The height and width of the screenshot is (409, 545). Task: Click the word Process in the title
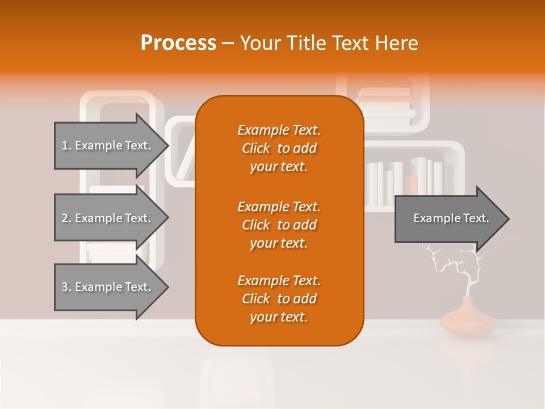178,43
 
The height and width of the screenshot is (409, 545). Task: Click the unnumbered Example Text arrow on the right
451,219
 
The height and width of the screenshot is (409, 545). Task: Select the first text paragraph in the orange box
279,148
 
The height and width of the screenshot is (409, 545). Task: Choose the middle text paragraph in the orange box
279,225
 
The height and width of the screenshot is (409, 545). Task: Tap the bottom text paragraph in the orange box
279,299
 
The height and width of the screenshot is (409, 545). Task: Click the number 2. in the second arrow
66,218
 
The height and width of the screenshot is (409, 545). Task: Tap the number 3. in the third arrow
66,287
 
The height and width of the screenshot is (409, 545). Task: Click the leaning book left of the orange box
186,159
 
